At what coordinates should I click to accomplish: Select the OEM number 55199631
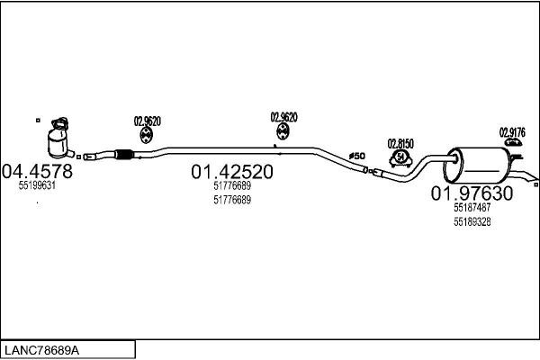[x=37, y=185]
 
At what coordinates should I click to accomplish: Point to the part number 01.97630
[x=472, y=193]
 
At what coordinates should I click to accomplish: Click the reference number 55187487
[x=472, y=208]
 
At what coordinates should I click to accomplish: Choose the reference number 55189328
[x=472, y=222]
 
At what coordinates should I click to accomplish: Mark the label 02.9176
[x=512, y=130]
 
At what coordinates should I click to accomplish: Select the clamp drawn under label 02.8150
[x=400, y=160]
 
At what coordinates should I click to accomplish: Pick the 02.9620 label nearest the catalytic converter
[x=147, y=121]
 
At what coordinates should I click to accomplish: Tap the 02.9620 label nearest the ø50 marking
[x=283, y=117]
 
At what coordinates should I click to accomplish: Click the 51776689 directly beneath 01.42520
[x=232, y=186]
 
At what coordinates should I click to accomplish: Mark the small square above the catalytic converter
[x=38, y=118]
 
